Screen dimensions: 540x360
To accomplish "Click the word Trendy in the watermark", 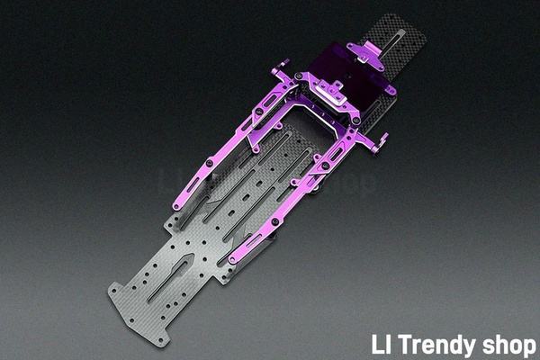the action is tap(436, 346).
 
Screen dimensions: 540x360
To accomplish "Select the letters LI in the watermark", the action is tap(382, 344).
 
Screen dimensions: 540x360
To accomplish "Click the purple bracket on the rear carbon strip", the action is tap(366, 54).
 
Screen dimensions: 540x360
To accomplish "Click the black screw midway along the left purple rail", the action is tap(210, 162).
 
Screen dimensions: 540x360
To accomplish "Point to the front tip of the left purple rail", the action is tap(175, 207).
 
